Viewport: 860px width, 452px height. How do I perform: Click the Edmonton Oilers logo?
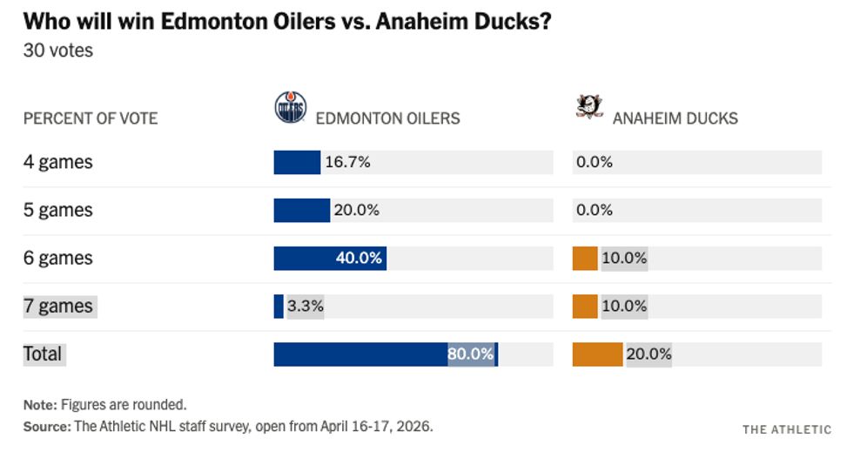[290, 108]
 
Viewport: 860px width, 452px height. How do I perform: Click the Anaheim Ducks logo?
[589, 107]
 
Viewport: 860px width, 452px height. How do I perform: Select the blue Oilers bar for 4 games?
[297, 162]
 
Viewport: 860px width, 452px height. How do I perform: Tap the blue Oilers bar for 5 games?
[301, 210]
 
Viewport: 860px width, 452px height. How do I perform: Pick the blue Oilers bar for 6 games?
[329, 258]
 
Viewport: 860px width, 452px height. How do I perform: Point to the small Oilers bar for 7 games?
[279, 306]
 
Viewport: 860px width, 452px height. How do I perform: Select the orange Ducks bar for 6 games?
[585, 258]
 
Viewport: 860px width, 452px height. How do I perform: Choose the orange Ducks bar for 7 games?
[585, 306]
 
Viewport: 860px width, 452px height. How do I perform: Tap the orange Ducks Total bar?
[597, 354]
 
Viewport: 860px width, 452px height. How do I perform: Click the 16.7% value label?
[347, 162]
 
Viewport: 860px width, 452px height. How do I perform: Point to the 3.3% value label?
[306, 306]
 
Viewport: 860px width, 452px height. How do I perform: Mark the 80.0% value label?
[470, 354]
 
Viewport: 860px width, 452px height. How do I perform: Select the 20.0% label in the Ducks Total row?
[648, 354]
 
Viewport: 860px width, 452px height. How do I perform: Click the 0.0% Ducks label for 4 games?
[595, 162]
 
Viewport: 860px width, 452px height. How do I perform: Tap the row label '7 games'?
[58, 306]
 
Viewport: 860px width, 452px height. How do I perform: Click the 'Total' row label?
[43, 354]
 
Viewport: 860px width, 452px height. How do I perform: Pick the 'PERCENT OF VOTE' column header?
[91, 118]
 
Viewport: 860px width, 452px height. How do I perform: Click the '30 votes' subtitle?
[57, 51]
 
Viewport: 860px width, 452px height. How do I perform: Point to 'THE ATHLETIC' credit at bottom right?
[786, 429]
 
